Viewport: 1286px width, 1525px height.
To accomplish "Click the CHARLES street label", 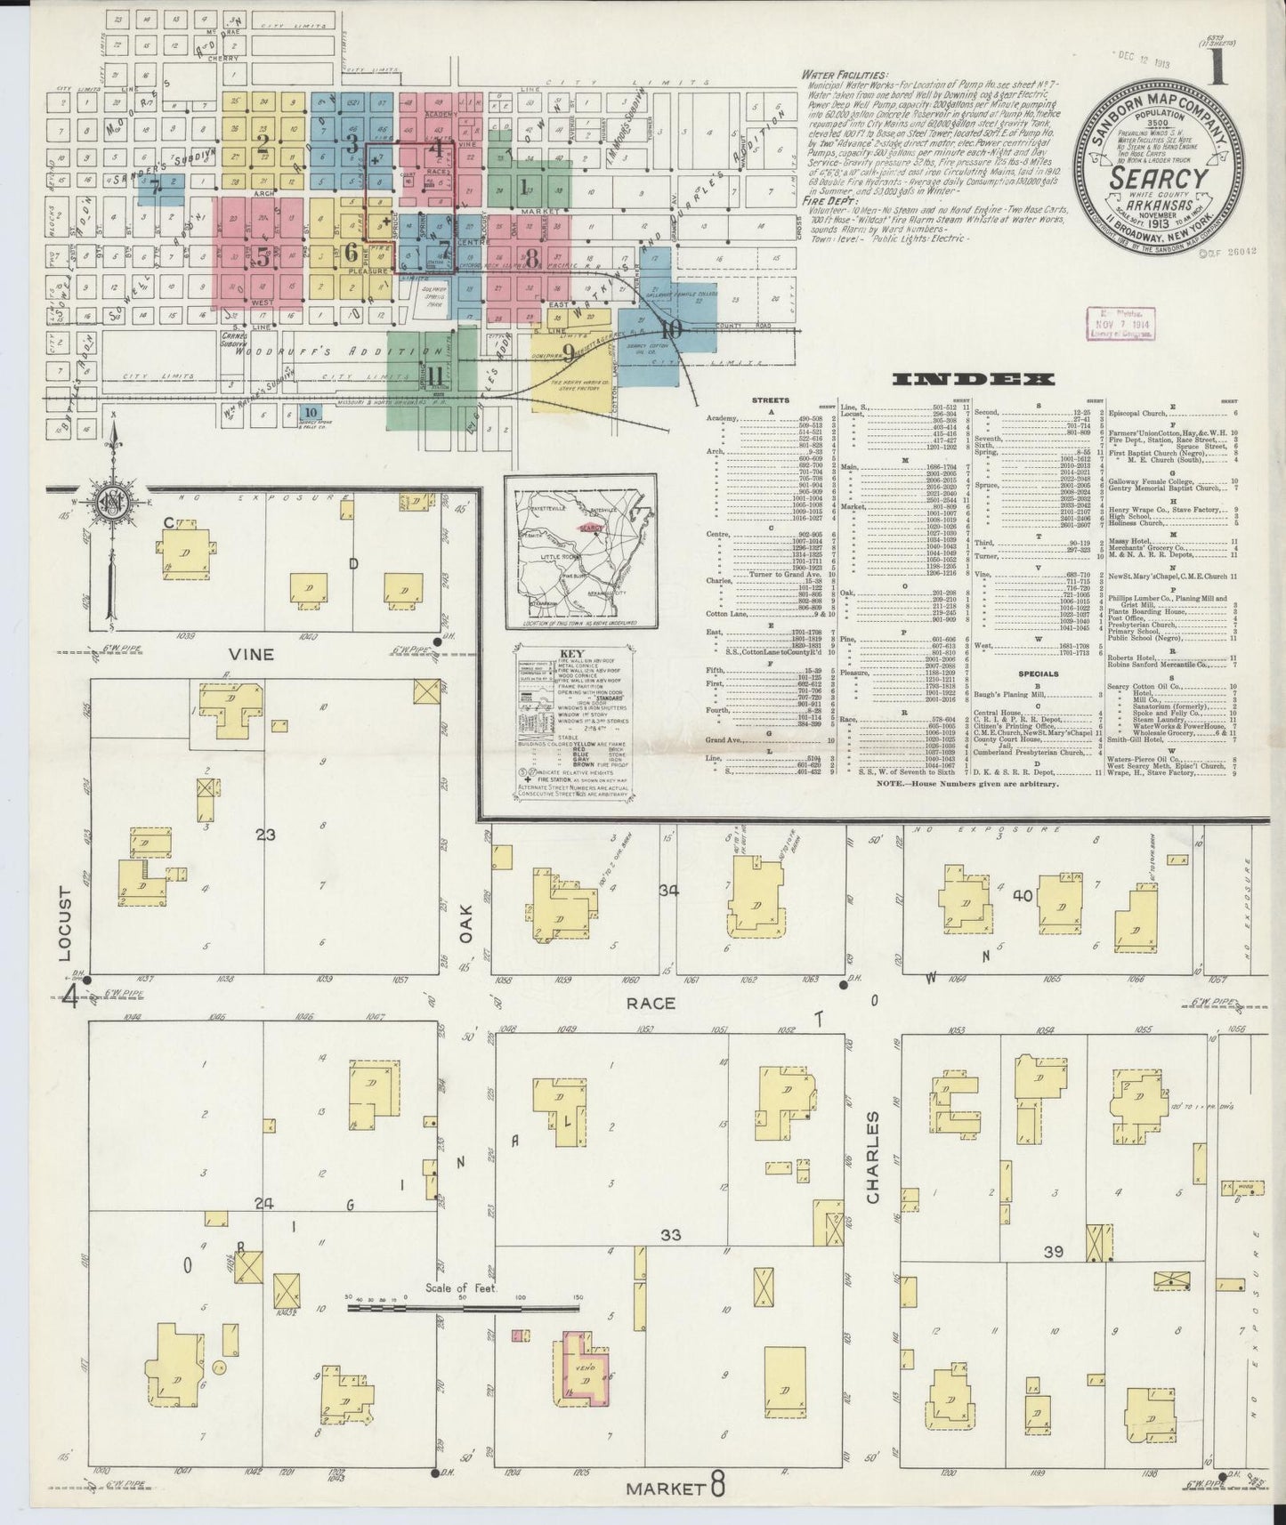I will [x=872, y=1157].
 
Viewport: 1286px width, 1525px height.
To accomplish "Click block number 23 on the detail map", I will [x=265, y=835].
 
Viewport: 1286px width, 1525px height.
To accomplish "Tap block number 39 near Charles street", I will [x=1054, y=1252].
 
